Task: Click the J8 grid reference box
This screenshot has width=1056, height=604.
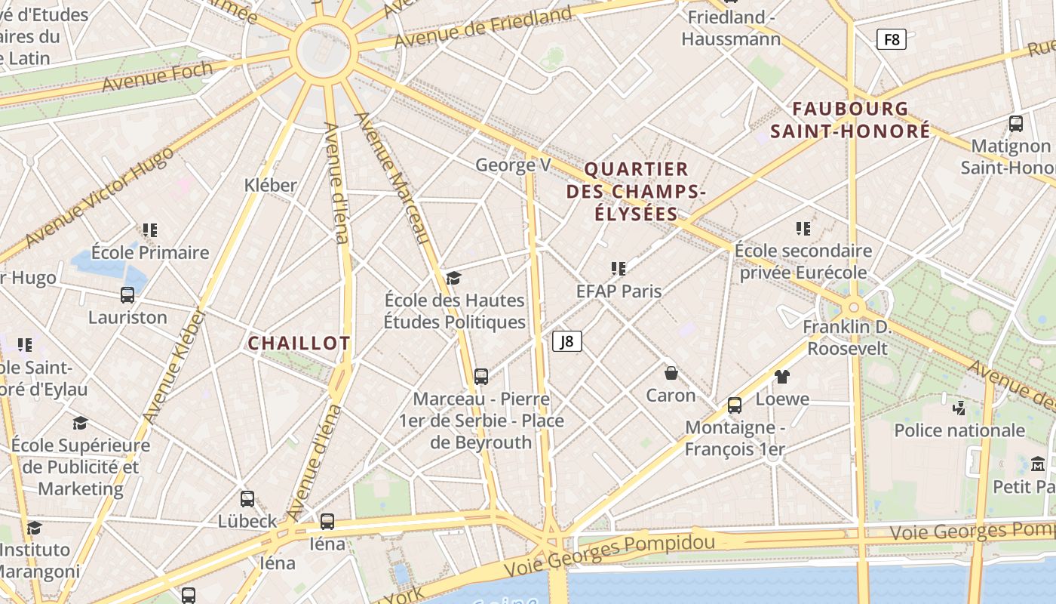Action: click(567, 342)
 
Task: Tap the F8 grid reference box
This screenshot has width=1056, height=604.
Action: click(891, 39)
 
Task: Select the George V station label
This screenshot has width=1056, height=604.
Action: click(513, 165)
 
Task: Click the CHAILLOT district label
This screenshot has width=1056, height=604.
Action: click(299, 344)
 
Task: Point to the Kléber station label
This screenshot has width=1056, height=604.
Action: click(271, 185)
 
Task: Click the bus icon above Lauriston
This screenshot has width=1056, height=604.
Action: click(127, 295)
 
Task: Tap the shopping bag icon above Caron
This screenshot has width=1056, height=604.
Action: click(671, 373)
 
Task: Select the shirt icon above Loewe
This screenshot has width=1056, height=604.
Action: click(782, 377)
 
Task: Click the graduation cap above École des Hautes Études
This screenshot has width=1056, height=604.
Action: click(453, 279)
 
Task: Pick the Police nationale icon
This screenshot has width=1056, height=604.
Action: click(959, 408)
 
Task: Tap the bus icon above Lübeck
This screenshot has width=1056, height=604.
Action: click(247, 499)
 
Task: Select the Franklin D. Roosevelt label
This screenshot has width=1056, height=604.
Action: click(847, 337)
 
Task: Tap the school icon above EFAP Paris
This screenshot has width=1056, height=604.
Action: click(619, 269)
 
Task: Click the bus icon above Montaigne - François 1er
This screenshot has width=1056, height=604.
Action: click(735, 405)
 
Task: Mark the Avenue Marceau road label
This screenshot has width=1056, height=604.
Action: click(392, 178)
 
